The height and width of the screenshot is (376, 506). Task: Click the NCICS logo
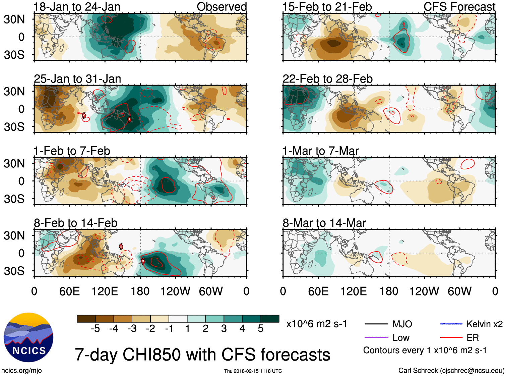point(28,337)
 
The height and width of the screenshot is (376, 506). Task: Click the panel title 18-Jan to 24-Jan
point(77,7)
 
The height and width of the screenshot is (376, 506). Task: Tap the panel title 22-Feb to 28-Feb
point(327,79)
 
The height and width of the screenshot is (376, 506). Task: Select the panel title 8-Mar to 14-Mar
point(324,223)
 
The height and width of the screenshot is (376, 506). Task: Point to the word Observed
point(222,7)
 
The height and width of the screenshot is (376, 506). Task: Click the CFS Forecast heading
point(459,7)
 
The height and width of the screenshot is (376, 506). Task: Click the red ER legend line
point(451,337)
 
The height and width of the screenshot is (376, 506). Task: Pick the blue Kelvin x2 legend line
point(451,324)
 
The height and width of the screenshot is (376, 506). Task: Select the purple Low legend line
point(376,337)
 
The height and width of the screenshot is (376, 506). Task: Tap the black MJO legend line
point(376,324)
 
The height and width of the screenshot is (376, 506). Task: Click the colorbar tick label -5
point(95,329)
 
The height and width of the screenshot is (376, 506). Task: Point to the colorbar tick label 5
point(261,329)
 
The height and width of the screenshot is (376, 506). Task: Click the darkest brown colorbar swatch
point(86,319)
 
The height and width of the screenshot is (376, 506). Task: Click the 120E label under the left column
point(105,291)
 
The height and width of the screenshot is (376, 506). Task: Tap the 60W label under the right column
point(459,291)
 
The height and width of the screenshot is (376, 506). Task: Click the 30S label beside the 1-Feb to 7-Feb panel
point(14,199)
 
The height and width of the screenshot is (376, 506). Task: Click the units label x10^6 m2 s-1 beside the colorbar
point(316,324)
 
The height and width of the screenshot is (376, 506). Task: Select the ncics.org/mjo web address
point(21,371)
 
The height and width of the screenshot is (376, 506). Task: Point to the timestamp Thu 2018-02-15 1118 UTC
point(253,371)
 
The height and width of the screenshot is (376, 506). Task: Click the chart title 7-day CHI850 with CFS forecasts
point(202,355)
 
